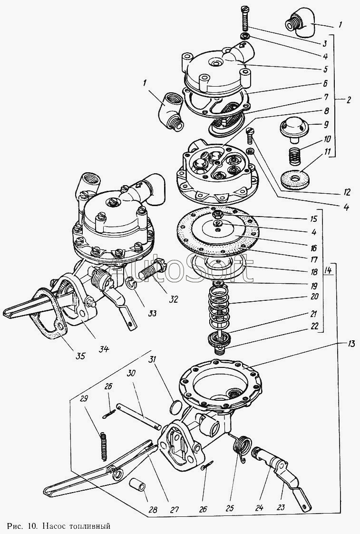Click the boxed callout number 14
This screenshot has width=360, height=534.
point(328,271)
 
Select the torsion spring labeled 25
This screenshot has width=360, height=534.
point(242,449)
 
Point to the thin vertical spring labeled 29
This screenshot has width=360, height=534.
point(104,445)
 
